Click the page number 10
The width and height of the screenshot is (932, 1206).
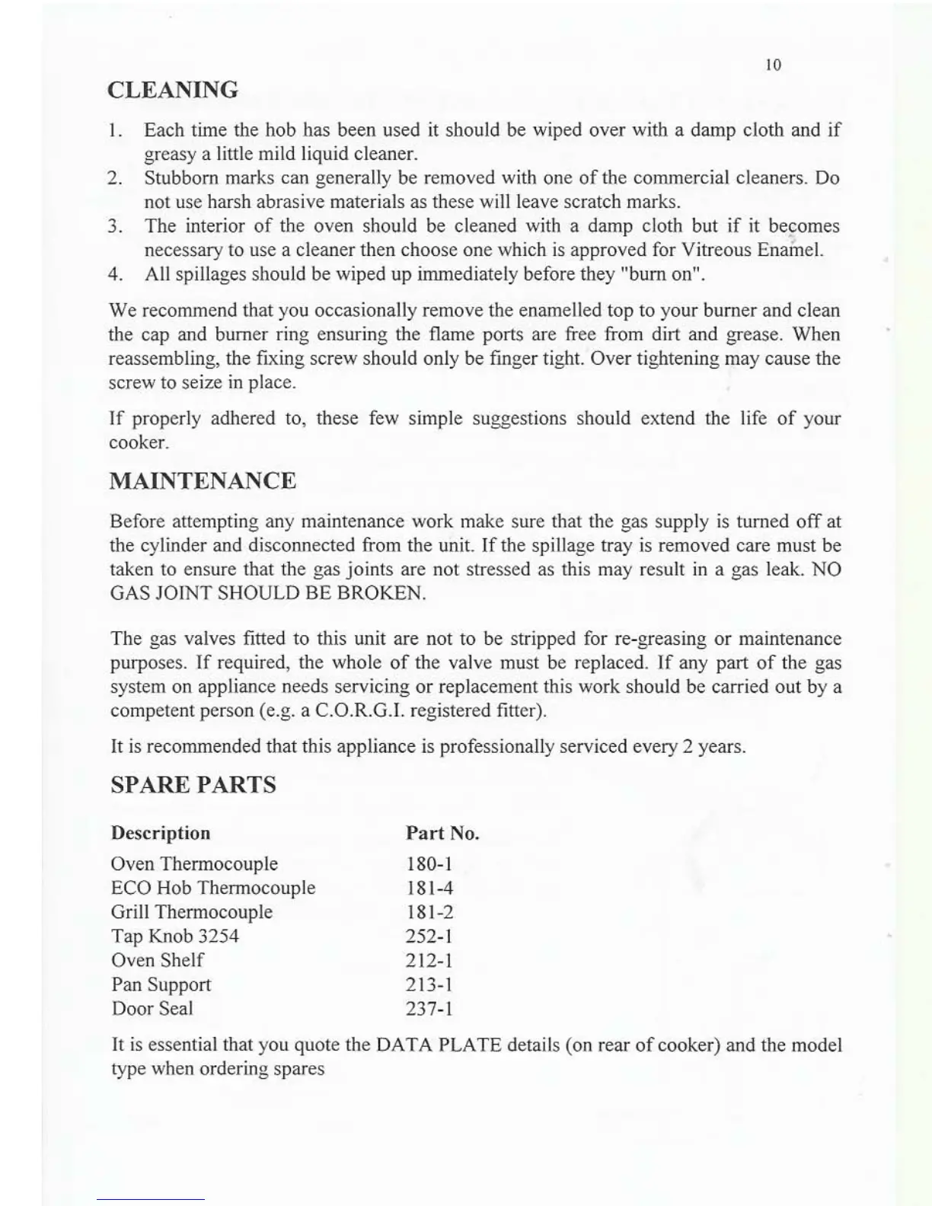point(773,65)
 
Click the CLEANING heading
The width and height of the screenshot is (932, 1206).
point(173,90)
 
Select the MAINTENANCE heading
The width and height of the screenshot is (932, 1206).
point(203,481)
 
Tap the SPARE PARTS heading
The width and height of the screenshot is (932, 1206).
point(193,785)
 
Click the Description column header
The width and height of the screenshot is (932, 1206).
point(161,833)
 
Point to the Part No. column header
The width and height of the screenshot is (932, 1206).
point(442,833)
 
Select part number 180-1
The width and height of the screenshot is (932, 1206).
point(429,864)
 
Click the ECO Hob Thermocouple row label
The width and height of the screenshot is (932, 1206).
point(213,888)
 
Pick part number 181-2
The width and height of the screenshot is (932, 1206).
point(429,912)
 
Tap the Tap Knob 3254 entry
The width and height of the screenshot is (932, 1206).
point(175,936)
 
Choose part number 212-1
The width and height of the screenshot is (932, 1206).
point(429,960)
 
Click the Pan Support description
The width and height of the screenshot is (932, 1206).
point(161,984)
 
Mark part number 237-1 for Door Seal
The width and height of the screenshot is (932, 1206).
point(429,1009)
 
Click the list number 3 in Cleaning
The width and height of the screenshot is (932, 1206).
point(115,227)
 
